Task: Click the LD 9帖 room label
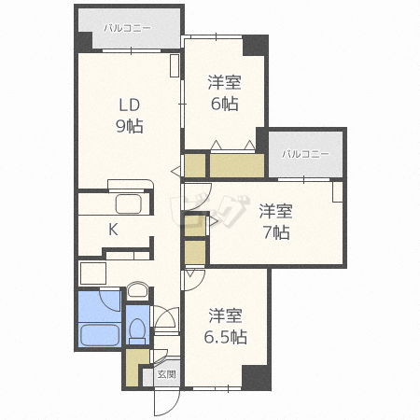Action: [130, 116]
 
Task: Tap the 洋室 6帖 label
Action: [224, 93]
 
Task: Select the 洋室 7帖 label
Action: [276, 222]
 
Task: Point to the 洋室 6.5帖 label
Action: [225, 326]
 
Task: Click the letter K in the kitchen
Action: [113, 230]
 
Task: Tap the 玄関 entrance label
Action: [167, 374]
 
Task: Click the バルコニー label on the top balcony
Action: [128, 28]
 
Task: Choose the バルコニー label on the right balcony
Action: [305, 154]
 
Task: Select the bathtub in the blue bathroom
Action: [100, 335]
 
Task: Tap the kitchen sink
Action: [129, 203]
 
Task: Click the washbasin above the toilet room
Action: [137, 289]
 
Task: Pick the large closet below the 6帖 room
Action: [237, 165]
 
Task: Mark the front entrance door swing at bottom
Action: [167, 403]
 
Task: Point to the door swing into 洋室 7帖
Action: [199, 196]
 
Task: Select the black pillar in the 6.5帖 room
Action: [257, 378]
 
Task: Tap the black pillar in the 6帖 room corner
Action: [255, 46]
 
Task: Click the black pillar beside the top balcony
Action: [83, 42]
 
